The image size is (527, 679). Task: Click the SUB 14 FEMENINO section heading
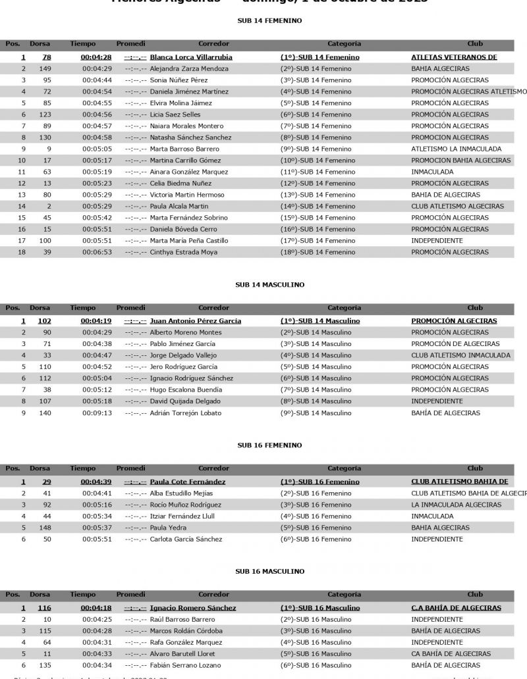(x=269, y=21)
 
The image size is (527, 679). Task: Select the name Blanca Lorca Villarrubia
(x=191, y=57)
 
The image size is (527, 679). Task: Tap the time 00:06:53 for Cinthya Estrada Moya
(x=96, y=252)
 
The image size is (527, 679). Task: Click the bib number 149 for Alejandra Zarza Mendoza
(x=45, y=68)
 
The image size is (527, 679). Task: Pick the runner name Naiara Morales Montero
(x=186, y=126)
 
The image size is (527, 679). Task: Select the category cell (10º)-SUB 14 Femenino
(x=317, y=161)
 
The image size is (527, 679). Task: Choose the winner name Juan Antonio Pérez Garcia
(x=195, y=321)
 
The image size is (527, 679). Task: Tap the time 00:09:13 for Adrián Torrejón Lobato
(x=96, y=413)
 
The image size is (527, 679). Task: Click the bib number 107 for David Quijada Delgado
(x=45, y=401)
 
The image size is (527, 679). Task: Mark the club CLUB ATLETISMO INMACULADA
(x=460, y=355)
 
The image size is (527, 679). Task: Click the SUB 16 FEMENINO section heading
(x=269, y=445)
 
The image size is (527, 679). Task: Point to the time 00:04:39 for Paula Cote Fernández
(x=96, y=482)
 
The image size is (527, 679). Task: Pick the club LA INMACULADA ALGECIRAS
(x=456, y=505)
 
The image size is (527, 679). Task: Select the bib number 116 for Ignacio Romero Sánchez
(x=45, y=608)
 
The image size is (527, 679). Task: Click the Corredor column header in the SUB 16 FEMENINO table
(x=213, y=468)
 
